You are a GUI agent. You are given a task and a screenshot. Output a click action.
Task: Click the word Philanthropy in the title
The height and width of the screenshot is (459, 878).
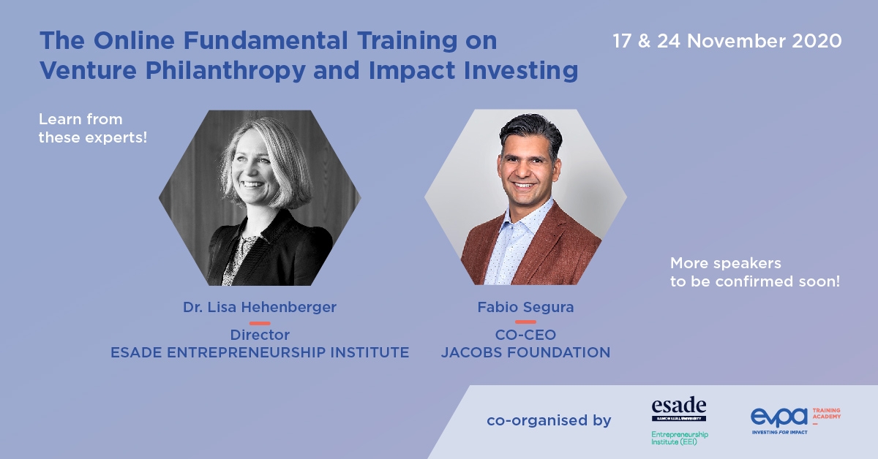click(x=225, y=71)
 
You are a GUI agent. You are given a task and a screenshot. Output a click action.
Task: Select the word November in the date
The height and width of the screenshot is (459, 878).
click(x=736, y=41)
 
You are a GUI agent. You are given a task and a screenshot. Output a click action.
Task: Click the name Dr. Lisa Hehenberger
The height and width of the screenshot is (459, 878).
click(x=260, y=307)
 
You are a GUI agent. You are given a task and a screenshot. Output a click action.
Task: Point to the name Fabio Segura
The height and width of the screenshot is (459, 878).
click(x=525, y=307)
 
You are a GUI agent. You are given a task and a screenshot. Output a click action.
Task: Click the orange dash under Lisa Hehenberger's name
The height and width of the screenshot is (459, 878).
click(x=260, y=323)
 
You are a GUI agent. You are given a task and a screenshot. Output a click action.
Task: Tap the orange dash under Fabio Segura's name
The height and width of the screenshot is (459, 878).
click(x=525, y=322)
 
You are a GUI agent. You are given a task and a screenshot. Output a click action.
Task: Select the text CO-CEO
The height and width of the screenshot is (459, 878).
click(x=525, y=335)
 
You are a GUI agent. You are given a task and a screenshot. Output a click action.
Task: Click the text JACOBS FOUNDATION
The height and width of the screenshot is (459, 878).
click(x=525, y=352)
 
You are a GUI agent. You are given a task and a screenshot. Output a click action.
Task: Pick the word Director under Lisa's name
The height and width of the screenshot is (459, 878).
click(x=260, y=335)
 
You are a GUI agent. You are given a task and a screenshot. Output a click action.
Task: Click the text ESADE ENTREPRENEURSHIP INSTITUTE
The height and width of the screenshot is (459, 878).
click(x=260, y=352)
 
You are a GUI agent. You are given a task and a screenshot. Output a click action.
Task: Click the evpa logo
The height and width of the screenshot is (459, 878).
click(x=779, y=417)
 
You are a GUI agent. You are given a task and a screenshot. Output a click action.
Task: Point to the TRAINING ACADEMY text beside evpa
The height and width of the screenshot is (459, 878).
click(x=826, y=414)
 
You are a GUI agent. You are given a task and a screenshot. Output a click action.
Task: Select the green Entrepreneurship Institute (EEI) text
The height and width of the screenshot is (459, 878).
click(x=680, y=439)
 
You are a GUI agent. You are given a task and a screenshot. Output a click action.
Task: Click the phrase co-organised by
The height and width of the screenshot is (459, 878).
click(x=549, y=420)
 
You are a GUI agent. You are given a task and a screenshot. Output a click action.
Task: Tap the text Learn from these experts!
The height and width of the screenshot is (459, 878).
click(x=92, y=129)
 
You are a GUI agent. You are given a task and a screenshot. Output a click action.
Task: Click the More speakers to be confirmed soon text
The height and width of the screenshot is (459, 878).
click(x=755, y=272)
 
